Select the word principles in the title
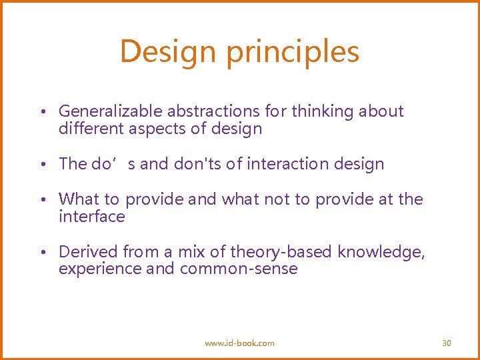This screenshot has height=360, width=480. click(293, 52)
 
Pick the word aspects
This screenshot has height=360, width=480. click(163, 129)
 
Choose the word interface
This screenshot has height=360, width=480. click(91, 217)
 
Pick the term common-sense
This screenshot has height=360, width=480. click(239, 269)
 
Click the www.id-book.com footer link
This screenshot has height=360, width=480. click(239, 343)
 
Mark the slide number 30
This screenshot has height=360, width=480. click(447, 343)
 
